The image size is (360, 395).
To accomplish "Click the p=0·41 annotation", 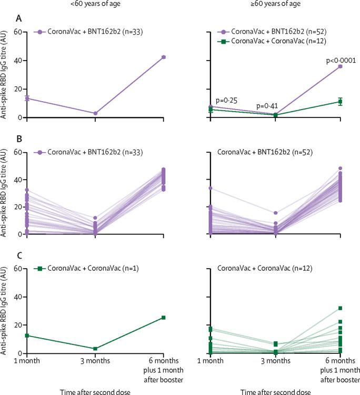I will point(270,106).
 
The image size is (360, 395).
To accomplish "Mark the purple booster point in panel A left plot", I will point(164,57).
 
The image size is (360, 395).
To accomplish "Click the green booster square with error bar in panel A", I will point(340,102).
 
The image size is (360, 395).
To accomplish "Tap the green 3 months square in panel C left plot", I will point(95,349).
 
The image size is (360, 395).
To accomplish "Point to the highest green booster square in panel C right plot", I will point(340,308).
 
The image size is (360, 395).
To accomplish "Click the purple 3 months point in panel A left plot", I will point(95,113).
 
